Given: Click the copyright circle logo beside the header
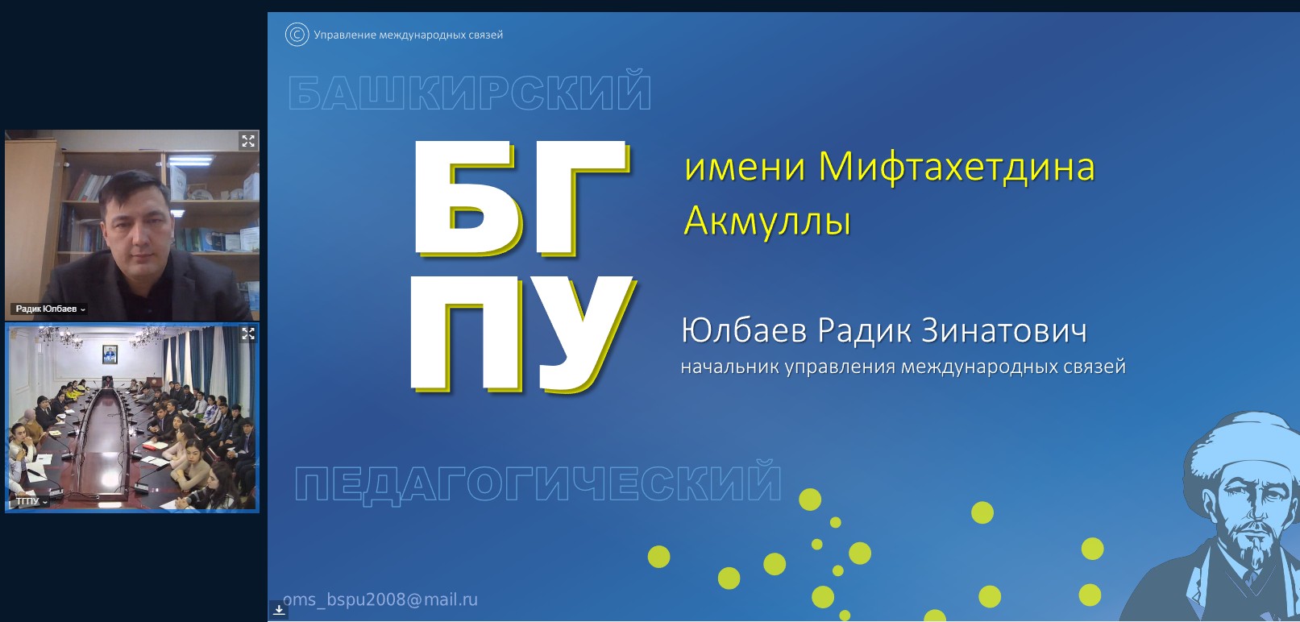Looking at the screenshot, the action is [x=297, y=35].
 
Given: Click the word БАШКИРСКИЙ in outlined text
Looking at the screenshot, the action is [x=470, y=91].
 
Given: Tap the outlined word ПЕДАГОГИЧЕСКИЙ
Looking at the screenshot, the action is [x=538, y=481].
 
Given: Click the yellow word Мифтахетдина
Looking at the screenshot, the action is [x=957, y=167].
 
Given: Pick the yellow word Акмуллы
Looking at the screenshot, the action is [x=767, y=222].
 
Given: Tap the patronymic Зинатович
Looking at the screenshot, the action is [x=1004, y=330].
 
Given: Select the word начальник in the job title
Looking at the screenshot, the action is [x=729, y=367].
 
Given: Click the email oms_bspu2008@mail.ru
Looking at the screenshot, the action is [x=380, y=599].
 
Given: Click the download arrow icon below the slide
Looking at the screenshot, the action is [x=279, y=609].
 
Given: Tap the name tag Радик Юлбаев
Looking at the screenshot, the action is [x=47, y=309].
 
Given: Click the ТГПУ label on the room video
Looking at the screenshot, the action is [x=27, y=500].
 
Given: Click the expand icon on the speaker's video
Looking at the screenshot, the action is [x=248, y=141].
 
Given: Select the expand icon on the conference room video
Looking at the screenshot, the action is [x=248, y=334].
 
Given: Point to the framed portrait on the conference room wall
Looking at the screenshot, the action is [x=110, y=354].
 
